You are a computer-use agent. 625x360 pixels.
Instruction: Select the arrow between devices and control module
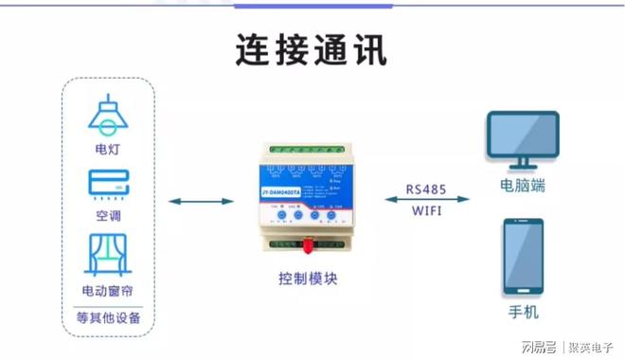(x=201, y=201)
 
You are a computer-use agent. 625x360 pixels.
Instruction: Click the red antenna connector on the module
(x=309, y=249)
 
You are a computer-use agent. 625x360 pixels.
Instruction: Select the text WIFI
(x=427, y=212)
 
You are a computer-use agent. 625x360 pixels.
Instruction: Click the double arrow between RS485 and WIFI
(x=427, y=199)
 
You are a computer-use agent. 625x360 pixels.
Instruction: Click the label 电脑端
(x=523, y=186)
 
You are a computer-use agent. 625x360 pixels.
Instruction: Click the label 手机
(x=523, y=312)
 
